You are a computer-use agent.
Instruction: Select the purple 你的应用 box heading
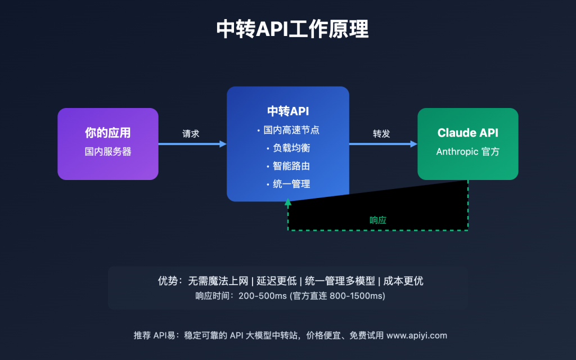click(x=108, y=133)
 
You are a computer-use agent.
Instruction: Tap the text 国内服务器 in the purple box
click(x=108, y=152)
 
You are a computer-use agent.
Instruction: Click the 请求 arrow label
click(x=191, y=134)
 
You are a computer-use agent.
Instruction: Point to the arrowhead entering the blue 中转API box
click(x=223, y=144)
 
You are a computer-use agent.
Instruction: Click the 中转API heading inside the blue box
click(x=288, y=111)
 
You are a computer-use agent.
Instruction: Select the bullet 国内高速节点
click(x=291, y=130)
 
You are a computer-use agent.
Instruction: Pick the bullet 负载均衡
click(x=291, y=148)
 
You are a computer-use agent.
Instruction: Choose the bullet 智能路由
click(x=291, y=166)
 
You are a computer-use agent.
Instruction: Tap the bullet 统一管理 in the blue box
click(x=291, y=184)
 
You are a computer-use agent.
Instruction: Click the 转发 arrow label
click(x=381, y=134)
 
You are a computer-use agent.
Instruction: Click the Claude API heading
click(x=467, y=133)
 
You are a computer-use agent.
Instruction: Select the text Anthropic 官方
click(x=467, y=152)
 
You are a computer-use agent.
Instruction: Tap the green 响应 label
click(x=378, y=220)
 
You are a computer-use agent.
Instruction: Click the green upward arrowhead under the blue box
click(x=288, y=202)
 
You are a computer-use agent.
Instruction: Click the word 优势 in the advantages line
click(x=168, y=281)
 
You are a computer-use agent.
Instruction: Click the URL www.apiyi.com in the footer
click(x=417, y=335)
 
